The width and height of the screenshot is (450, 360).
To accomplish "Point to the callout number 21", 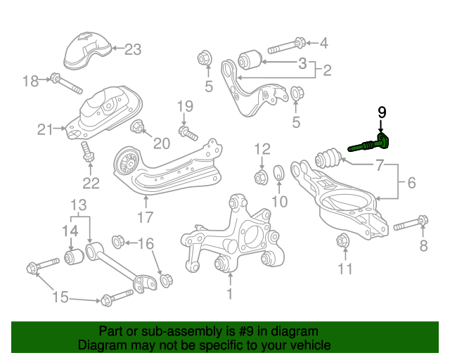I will [x=46, y=129].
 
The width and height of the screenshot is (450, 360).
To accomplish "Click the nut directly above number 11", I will [x=343, y=240].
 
